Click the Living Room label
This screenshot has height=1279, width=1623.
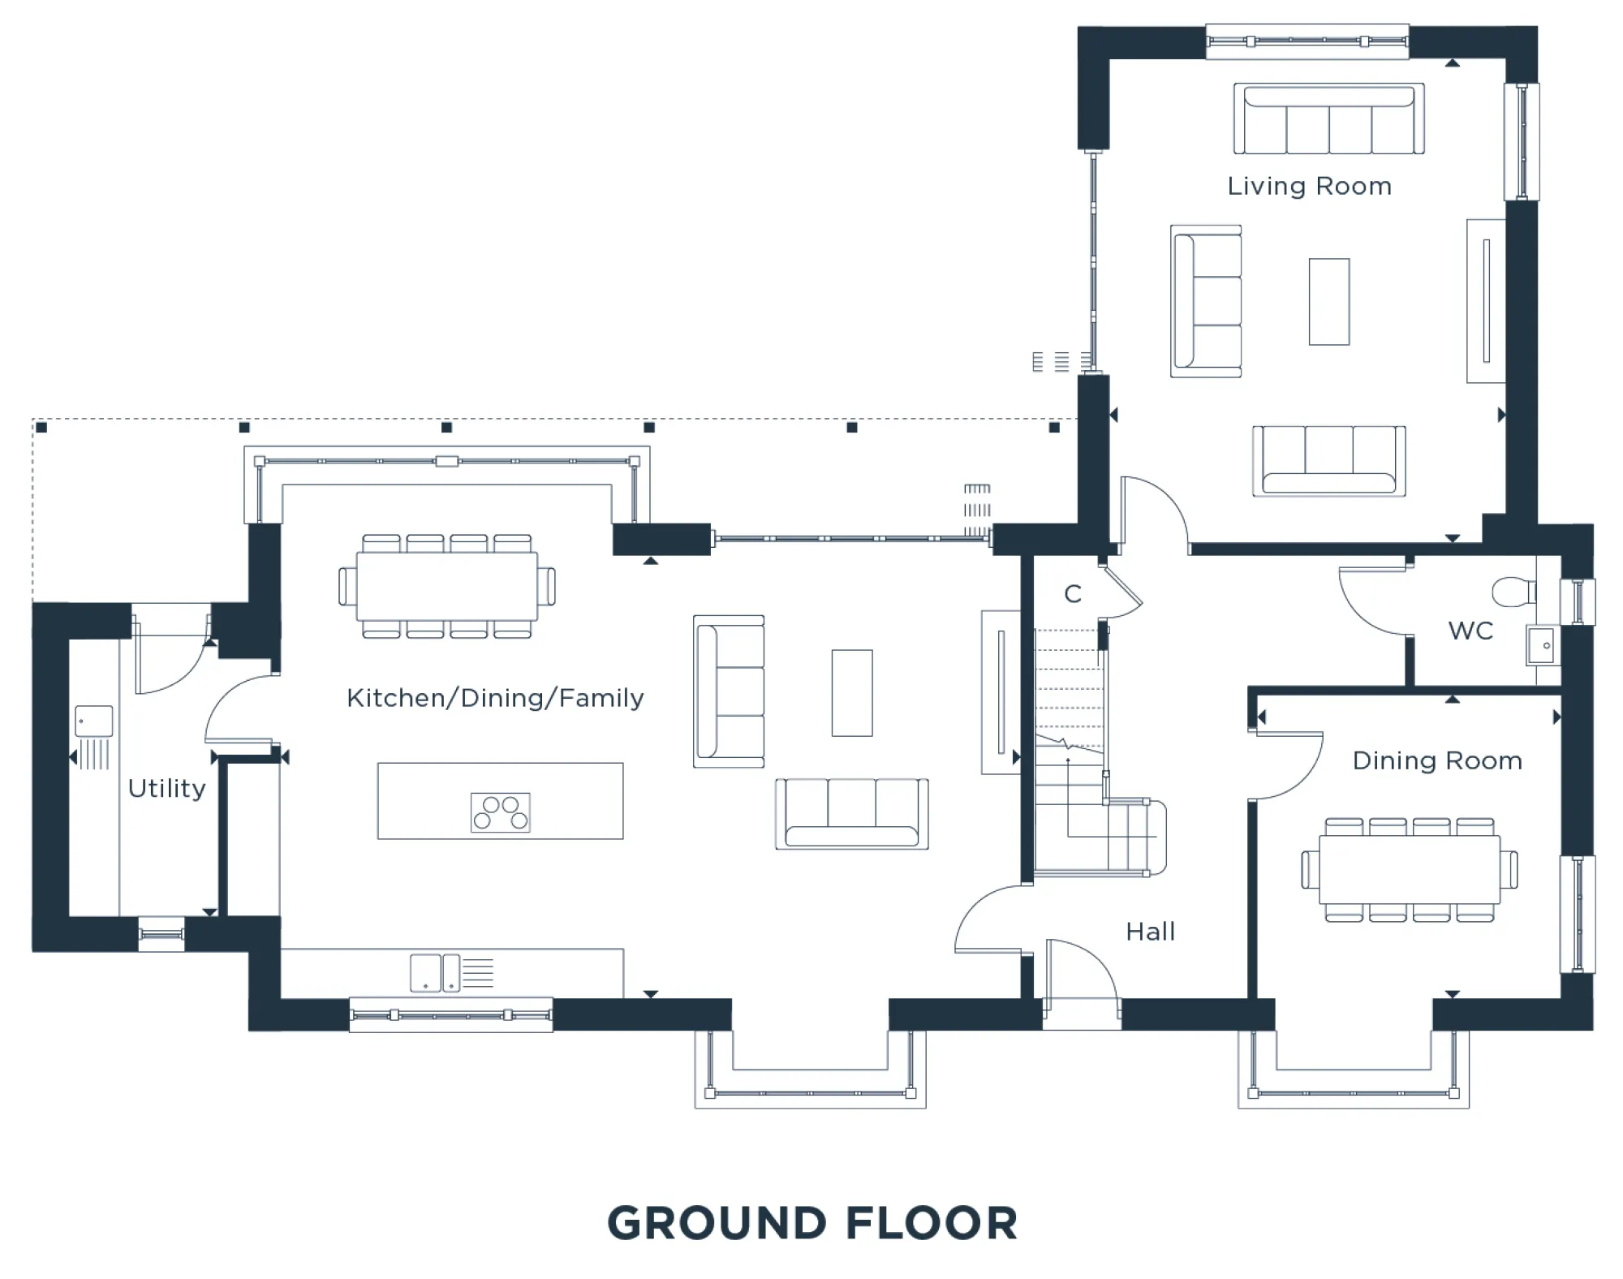(1309, 187)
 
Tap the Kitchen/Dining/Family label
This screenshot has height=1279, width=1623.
(495, 698)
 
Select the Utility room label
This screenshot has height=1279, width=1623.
(167, 788)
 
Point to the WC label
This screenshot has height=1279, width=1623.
(1470, 631)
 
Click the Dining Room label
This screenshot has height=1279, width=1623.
(1437, 760)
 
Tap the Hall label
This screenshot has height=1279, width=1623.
(1151, 931)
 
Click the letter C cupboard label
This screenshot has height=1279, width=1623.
(1073, 594)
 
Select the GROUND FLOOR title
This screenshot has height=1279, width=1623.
(812, 1223)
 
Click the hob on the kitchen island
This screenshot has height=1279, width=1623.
(501, 812)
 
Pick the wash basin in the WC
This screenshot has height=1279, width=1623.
(1542, 645)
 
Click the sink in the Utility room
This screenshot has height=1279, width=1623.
(94, 721)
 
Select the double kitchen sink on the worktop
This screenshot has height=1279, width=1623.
(435, 973)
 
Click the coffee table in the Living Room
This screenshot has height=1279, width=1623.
(1329, 302)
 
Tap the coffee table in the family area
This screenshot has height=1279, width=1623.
(852, 693)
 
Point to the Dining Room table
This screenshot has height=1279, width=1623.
(1410, 870)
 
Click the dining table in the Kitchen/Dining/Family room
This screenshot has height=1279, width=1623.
(447, 586)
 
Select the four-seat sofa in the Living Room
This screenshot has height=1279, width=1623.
(1328, 118)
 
